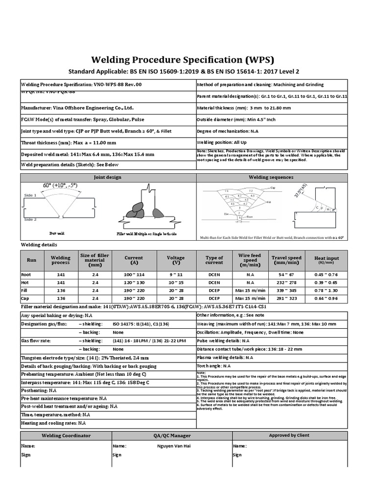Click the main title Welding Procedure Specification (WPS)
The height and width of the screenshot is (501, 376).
click(x=188, y=60)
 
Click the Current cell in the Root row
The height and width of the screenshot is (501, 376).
click(x=134, y=274)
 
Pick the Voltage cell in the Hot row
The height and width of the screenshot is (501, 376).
click(x=176, y=282)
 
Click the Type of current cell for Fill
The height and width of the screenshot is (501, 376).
click(x=214, y=290)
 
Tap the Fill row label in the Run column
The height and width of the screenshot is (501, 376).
click(x=25, y=290)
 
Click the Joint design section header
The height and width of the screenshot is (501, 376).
click(x=108, y=177)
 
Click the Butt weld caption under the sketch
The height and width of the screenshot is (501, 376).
click(x=57, y=234)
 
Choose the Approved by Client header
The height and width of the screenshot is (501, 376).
click(x=289, y=435)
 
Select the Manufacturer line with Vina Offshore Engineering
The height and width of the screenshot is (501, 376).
click(x=77, y=108)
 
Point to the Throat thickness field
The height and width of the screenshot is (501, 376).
click(x=69, y=143)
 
